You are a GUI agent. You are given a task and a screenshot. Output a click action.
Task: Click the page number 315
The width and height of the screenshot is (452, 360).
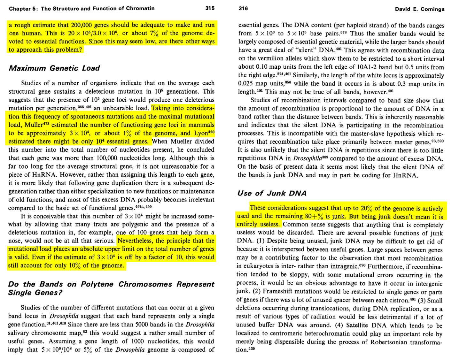tap(210, 8)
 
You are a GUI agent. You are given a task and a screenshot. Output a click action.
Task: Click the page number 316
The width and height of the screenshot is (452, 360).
tap(243, 8)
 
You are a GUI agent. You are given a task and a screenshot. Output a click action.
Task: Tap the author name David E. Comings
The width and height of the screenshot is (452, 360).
tap(419, 9)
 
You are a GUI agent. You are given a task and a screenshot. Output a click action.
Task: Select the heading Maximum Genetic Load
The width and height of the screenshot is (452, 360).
tap(54, 68)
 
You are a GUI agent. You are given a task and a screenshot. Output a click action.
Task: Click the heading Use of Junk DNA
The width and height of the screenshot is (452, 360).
tap(272, 193)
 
